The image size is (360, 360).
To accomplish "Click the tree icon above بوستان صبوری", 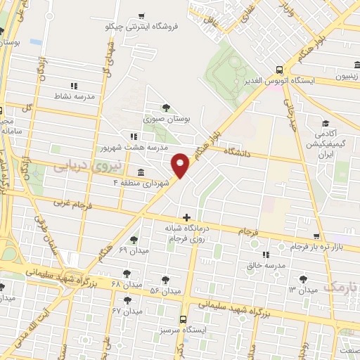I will click(165, 108).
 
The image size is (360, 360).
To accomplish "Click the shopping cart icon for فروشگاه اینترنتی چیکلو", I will click(141, 15).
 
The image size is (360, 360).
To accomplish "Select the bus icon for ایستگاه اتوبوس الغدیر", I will click(280, 70).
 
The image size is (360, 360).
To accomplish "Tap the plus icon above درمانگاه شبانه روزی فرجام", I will click(186, 218).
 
